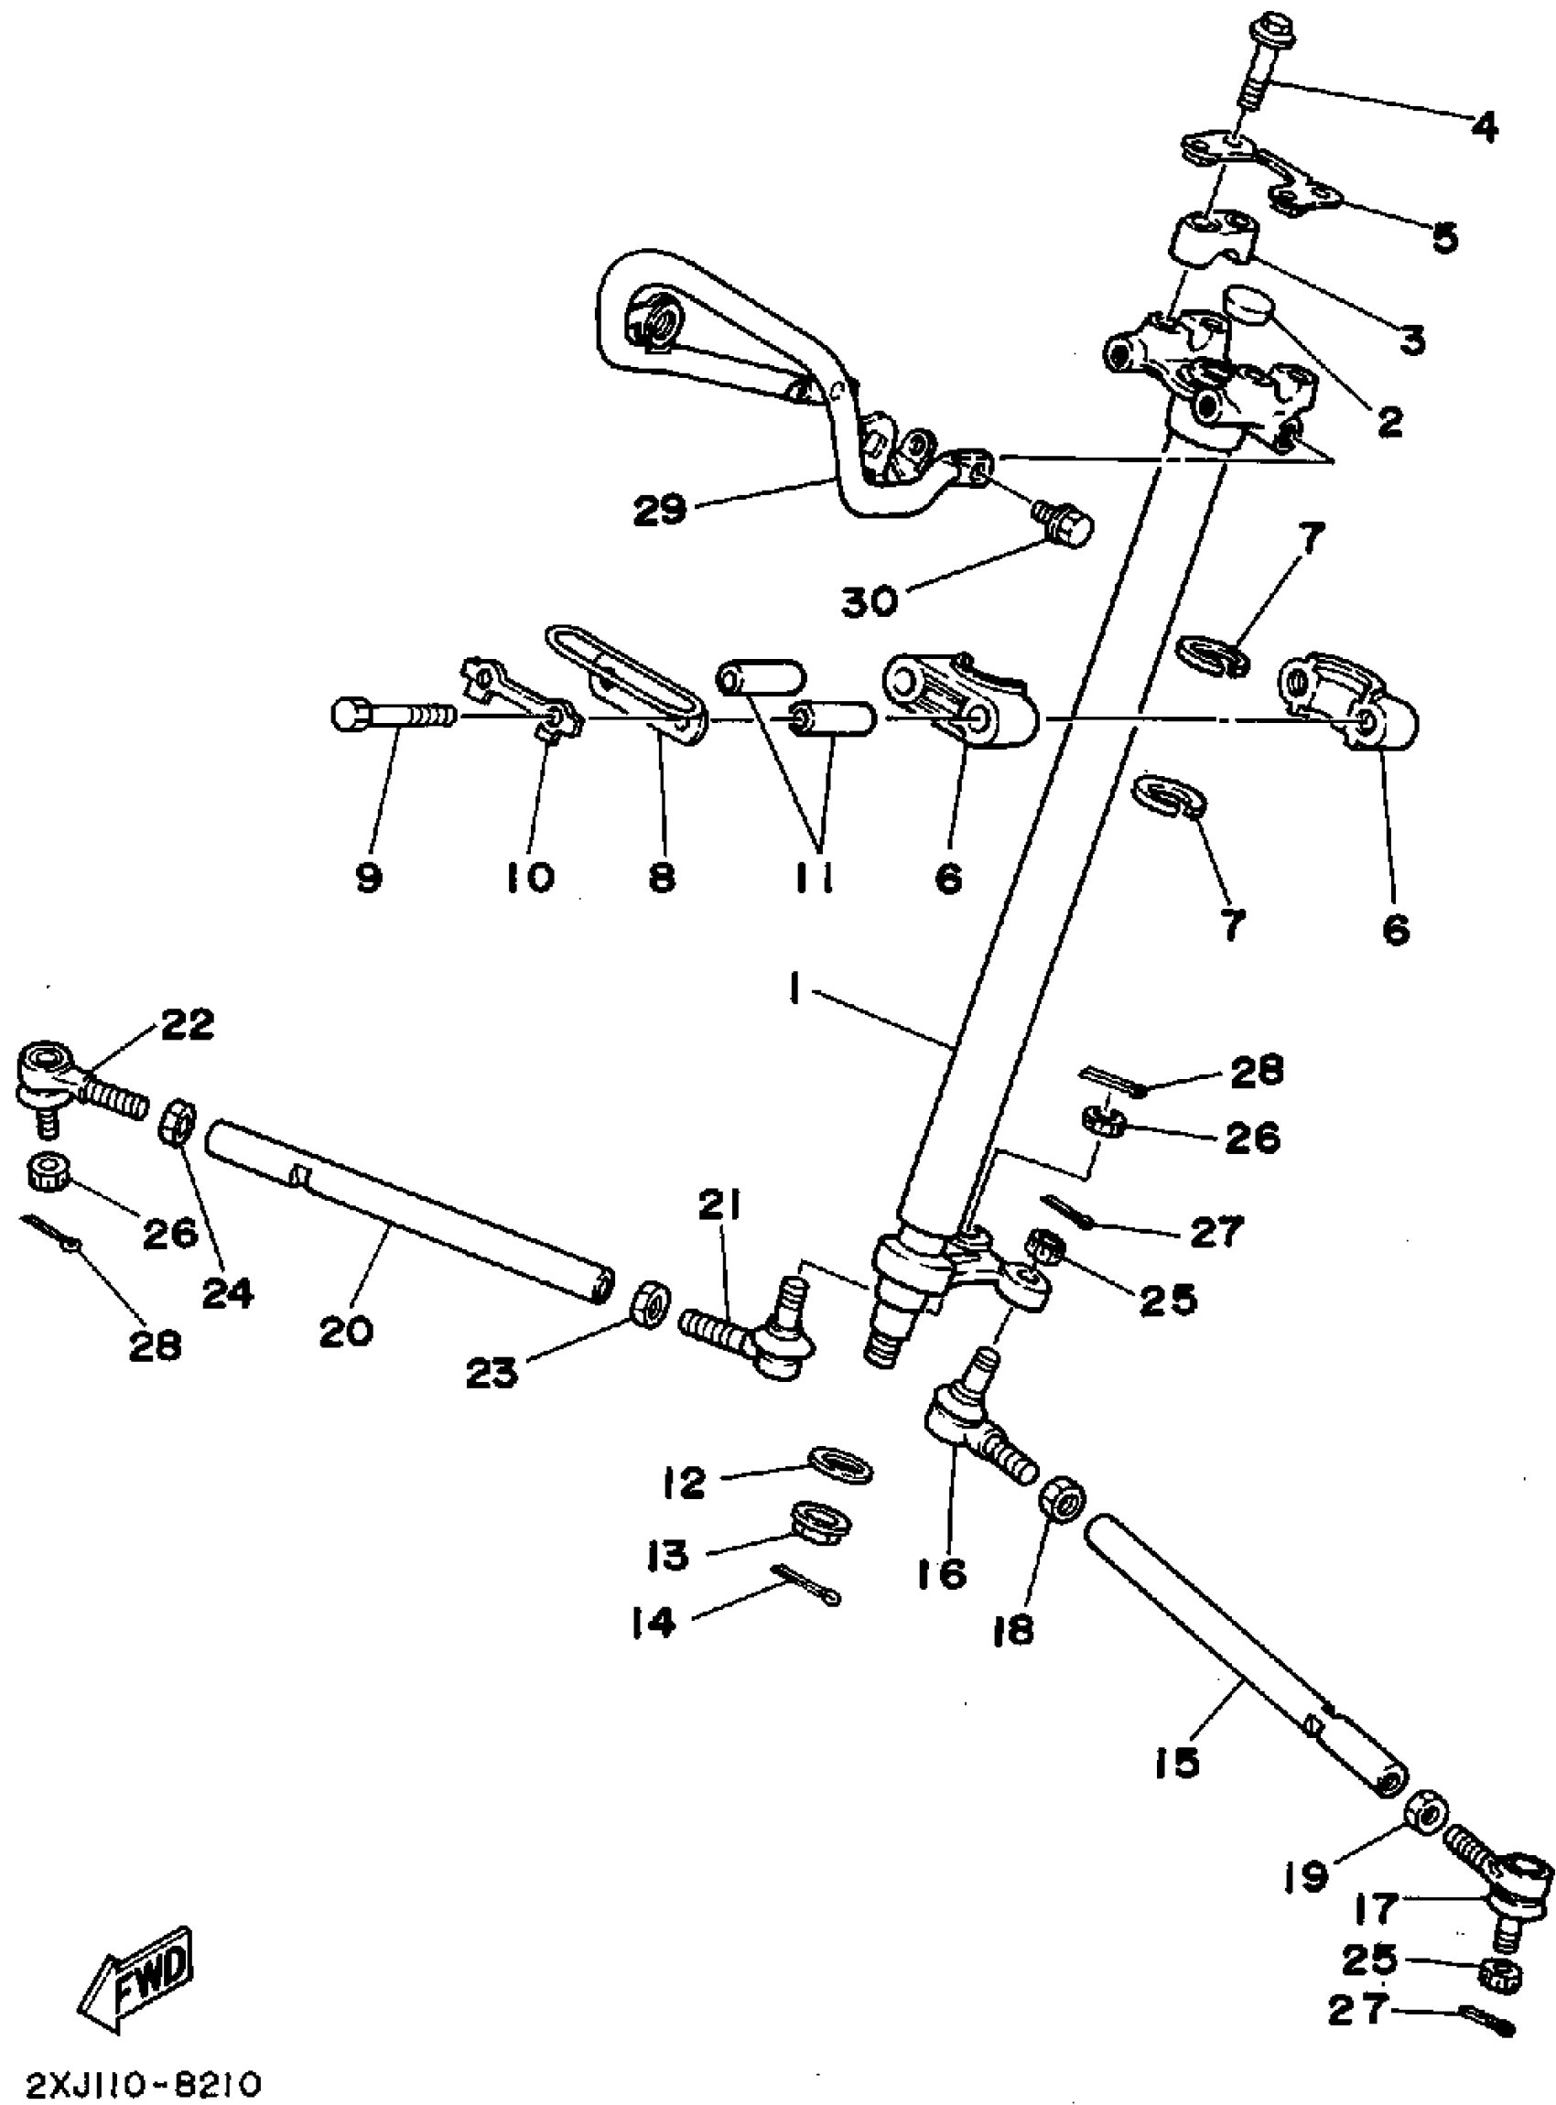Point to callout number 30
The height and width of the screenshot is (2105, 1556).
pos(869,600)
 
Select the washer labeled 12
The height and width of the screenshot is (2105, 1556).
pos(840,1467)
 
